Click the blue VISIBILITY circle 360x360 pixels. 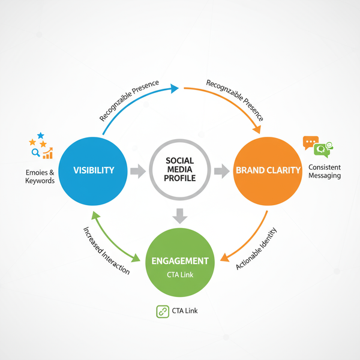(x=94, y=170)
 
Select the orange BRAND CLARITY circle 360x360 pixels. (x=268, y=170)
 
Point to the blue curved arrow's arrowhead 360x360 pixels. (x=175, y=89)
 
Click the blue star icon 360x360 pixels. (x=41, y=136)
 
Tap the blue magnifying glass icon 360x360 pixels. (x=35, y=154)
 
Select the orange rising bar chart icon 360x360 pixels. (x=47, y=153)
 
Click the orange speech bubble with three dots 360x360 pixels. (x=310, y=143)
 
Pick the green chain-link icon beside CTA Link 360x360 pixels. (x=161, y=311)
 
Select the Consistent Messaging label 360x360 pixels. (x=324, y=171)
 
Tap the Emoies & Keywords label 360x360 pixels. (x=40, y=176)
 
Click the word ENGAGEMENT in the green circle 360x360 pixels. (x=180, y=261)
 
